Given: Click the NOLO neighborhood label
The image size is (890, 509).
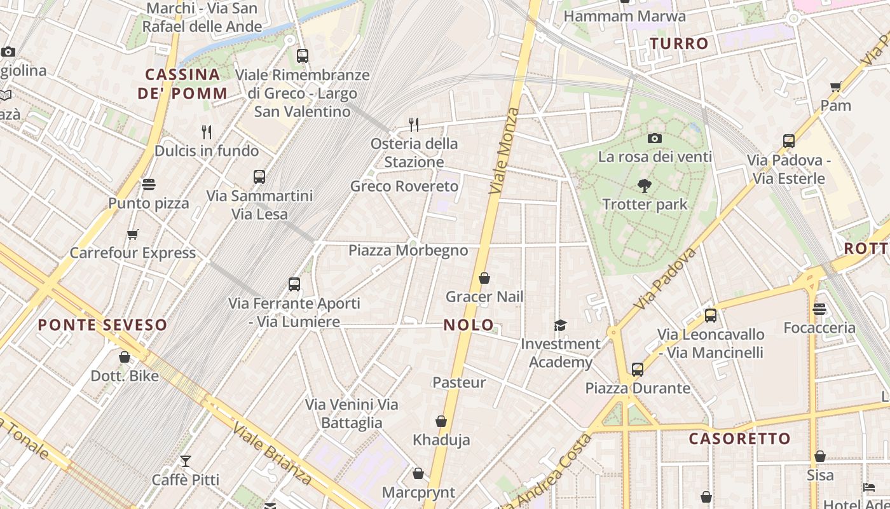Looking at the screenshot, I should pyautogui.click(x=469, y=325).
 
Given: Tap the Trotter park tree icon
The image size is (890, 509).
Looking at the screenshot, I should pyautogui.click(x=645, y=186).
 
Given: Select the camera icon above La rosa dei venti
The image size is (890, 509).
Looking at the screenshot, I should pyautogui.click(x=655, y=138).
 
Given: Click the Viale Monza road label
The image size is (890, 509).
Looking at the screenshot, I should pyautogui.click(x=505, y=151).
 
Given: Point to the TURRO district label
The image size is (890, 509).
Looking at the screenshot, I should pyautogui.click(x=679, y=44).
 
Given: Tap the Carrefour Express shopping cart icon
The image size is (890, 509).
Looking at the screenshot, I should pyautogui.click(x=133, y=234).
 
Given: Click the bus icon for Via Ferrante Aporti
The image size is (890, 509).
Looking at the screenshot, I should pyautogui.click(x=294, y=284).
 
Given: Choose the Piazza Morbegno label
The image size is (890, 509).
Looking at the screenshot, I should pyautogui.click(x=408, y=251).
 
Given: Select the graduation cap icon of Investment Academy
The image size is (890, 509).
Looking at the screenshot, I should pyautogui.click(x=560, y=326).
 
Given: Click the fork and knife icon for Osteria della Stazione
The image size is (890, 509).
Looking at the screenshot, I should pyautogui.click(x=414, y=124).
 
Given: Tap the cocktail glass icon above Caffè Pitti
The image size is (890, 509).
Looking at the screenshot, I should pyautogui.click(x=186, y=461).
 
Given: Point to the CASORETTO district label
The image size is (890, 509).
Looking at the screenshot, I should pyautogui.click(x=739, y=438).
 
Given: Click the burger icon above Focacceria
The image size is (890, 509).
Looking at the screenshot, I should pyautogui.click(x=819, y=309).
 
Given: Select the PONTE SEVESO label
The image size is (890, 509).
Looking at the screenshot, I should pyautogui.click(x=102, y=325).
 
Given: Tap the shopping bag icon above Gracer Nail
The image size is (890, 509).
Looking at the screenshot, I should pyautogui.click(x=484, y=278).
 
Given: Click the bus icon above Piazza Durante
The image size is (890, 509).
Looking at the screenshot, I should pyautogui.click(x=638, y=369).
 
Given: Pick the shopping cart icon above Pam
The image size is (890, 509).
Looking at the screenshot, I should pyautogui.click(x=836, y=87).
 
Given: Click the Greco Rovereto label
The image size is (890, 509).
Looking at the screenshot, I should pyautogui.click(x=404, y=186).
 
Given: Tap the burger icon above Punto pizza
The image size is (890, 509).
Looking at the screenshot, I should pyautogui.click(x=149, y=185).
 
